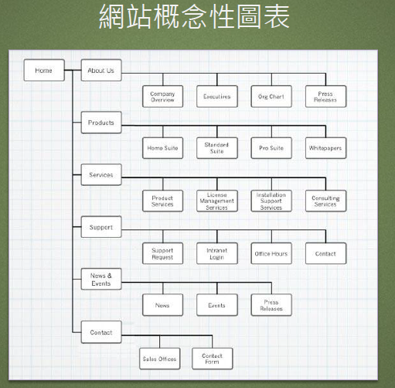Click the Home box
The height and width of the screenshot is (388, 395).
pos(44,70)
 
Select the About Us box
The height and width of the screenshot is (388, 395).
pos(101,70)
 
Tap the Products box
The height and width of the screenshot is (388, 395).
pos(101,122)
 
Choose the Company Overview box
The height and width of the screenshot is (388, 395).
pos(162,97)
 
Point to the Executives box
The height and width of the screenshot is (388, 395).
pos(217,97)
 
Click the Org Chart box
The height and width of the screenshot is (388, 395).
pos(271,97)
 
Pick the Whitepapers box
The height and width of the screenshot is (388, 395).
pos(325,148)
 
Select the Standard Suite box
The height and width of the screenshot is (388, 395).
pos(217,148)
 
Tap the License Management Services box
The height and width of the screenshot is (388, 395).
pos(217,201)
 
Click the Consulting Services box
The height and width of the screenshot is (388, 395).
pos(325,201)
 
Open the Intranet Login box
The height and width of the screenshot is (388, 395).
pos(217,253)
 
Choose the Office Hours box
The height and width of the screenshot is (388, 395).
pos(271,253)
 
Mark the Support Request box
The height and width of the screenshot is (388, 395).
pos(162,253)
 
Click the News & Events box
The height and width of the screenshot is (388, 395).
pos(101,279)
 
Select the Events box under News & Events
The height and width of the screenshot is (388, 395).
pos(217,305)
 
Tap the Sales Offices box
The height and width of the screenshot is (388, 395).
pos(160,359)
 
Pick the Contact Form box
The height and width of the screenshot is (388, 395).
pos(213,359)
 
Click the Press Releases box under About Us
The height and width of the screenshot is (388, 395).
pos(325,97)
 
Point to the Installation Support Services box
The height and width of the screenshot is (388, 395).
pos(271,201)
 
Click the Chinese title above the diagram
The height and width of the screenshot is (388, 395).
pos(194,16)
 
